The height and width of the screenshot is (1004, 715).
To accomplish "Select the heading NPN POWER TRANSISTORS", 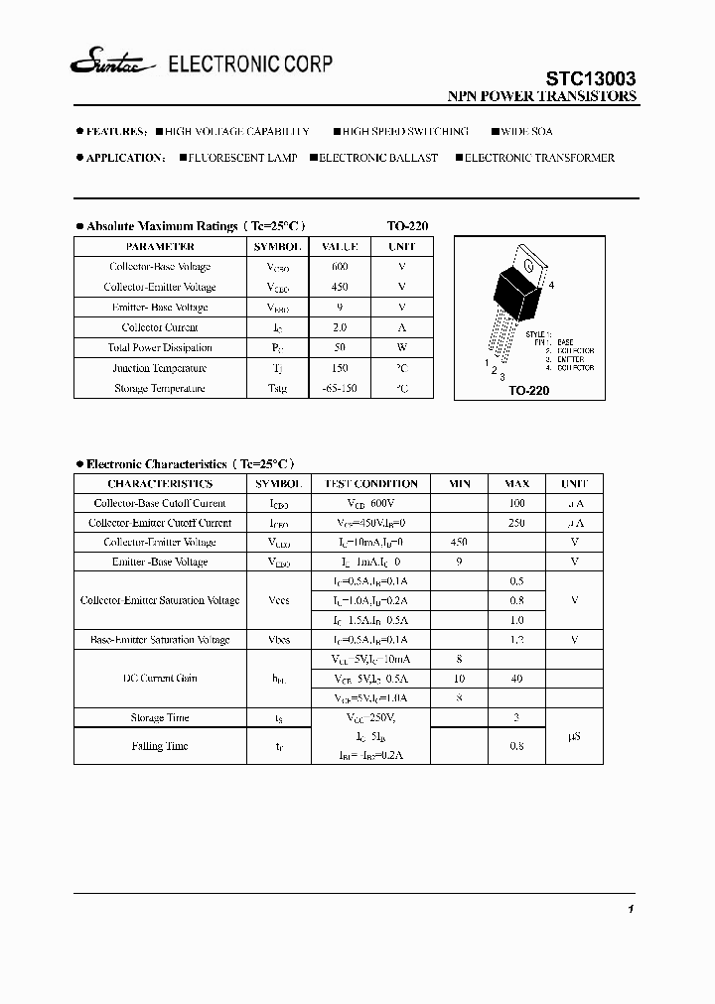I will coord(543,97).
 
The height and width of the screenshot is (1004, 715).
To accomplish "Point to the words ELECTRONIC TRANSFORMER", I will coord(539,158).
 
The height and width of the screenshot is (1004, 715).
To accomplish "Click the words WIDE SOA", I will coord(527,131).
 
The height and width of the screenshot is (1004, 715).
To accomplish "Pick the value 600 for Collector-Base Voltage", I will coord(340,267).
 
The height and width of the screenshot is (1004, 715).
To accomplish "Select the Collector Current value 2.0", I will coord(340,327).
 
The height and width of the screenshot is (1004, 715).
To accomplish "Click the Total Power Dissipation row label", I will coord(160,348).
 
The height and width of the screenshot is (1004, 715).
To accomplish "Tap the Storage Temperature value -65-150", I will coord(340,389).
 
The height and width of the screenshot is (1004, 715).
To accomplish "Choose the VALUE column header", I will coord(340,246).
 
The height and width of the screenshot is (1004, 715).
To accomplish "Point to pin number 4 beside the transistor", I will coord(551,286).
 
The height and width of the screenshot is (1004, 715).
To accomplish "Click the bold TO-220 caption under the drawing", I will coord(529,391).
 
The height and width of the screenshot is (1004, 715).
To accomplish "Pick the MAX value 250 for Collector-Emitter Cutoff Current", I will coord(516,523).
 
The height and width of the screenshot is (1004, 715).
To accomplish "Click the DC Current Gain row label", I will coord(160,679).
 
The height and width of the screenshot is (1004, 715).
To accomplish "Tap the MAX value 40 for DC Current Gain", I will coord(516,679).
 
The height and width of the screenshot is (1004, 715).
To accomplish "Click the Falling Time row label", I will coord(160,746).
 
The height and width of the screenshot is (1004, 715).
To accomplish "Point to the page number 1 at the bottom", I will coord(631,910).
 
